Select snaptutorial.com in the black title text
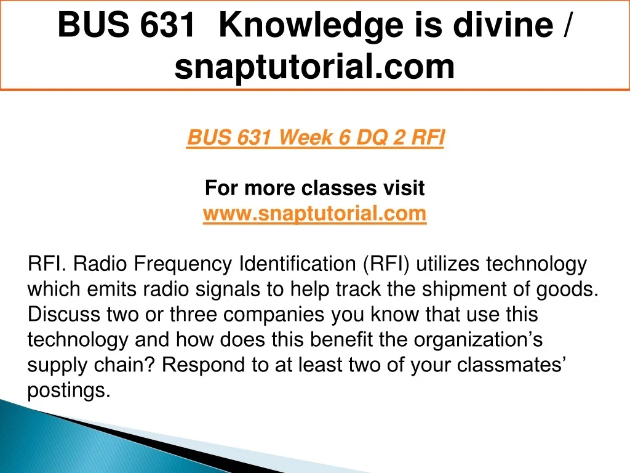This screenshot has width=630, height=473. click(x=314, y=67)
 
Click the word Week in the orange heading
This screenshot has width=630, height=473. click(x=305, y=137)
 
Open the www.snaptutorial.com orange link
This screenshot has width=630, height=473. click(x=314, y=212)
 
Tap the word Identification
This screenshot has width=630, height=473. click(x=297, y=264)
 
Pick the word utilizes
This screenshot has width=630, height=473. click(x=448, y=264)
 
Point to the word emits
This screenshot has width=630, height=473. click(x=112, y=289)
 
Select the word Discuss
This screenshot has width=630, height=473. click(x=63, y=314)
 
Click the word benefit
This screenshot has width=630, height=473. click(x=341, y=339)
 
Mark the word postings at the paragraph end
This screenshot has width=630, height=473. click(x=69, y=390)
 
